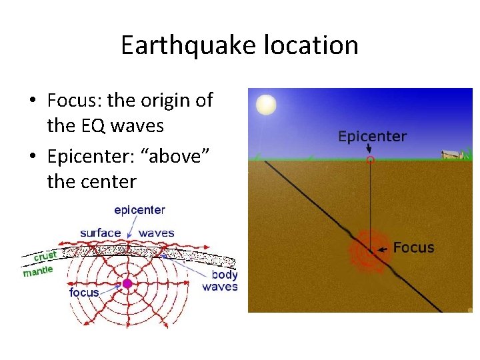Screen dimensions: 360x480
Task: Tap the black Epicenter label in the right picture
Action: click(x=372, y=137)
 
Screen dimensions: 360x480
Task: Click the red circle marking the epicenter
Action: click(x=371, y=160)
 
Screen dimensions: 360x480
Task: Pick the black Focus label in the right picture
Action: click(x=413, y=247)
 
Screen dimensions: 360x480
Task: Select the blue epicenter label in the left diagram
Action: click(x=139, y=210)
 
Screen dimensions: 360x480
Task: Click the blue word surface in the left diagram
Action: click(x=101, y=233)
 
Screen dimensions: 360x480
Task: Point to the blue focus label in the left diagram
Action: click(x=84, y=292)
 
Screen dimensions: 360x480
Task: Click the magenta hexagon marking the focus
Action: click(x=127, y=283)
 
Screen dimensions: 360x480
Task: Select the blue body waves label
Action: click(x=220, y=281)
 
